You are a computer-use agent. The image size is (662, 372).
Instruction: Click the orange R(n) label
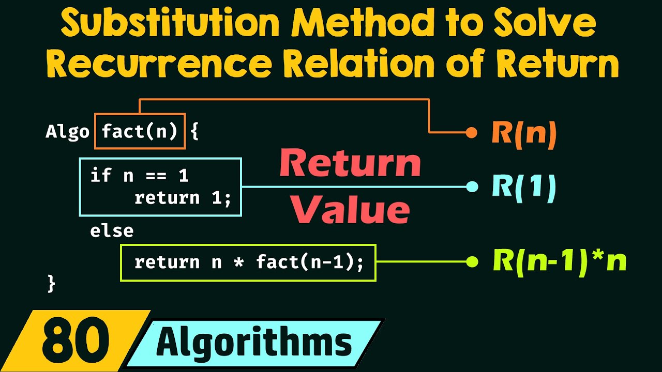524,133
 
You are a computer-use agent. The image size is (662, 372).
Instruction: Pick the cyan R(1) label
524,187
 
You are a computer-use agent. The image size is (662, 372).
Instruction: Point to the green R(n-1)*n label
560,262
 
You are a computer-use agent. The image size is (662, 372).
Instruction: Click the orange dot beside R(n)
471,133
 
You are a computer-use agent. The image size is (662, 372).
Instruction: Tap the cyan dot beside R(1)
472,187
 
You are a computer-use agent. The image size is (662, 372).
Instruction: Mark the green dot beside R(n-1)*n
472,262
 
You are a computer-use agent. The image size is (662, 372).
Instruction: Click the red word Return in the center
350,164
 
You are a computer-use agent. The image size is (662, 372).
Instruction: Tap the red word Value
350,209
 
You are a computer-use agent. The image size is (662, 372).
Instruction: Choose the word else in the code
112,230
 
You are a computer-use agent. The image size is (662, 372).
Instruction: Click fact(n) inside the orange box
140,132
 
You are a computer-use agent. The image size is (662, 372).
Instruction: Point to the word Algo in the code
67,132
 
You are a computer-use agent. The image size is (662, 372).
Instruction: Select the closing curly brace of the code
51,283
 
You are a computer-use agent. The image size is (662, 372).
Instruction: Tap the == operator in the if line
156,176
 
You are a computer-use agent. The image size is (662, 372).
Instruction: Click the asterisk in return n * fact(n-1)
238,263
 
